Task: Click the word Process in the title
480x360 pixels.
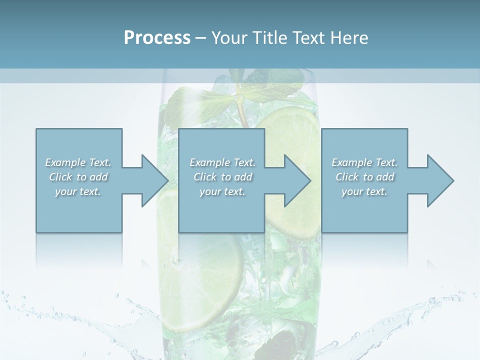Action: pyautogui.click(x=157, y=38)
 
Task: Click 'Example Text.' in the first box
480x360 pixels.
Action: pyautogui.click(x=78, y=162)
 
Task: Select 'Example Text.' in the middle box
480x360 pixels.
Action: pyautogui.click(x=222, y=162)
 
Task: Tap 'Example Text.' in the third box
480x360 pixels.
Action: pyautogui.click(x=364, y=162)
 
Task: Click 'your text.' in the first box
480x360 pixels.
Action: pyautogui.click(x=78, y=191)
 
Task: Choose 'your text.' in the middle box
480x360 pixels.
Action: pyautogui.click(x=222, y=191)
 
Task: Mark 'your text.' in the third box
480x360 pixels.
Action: pyautogui.click(x=364, y=191)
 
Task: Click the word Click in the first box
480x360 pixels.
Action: pyautogui.click(x=60, y=177)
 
